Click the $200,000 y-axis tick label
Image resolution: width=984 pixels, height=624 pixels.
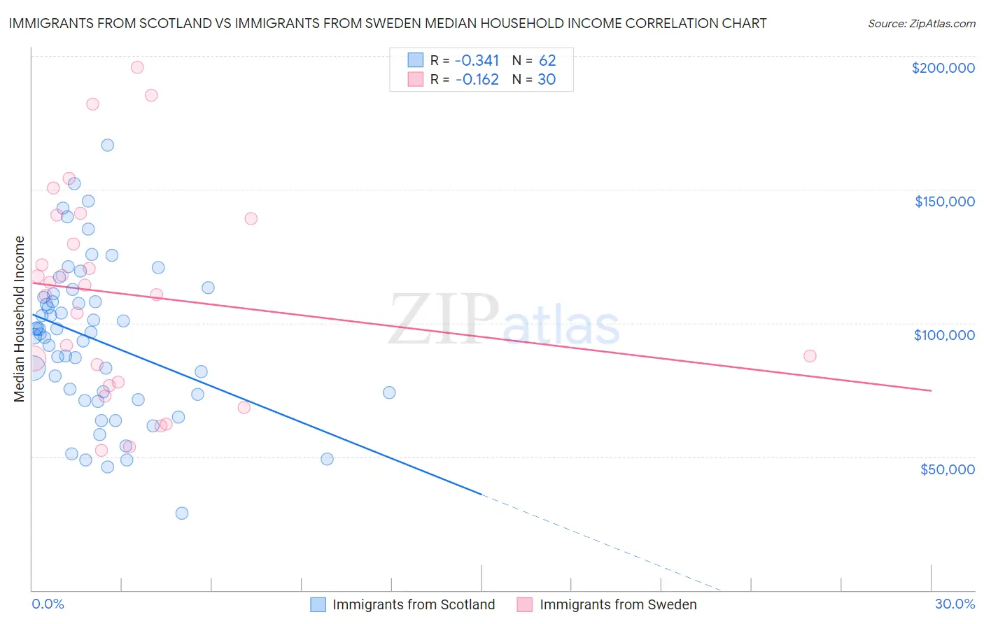(943, 68)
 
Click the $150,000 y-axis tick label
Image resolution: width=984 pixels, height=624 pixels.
(944, 201)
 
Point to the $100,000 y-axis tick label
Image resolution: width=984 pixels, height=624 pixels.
(944, 335)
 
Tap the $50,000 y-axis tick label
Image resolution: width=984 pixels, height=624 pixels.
(947, 469)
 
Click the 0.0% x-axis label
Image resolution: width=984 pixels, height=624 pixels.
(48, 604)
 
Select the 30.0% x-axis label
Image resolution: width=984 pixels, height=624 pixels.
(955, 604)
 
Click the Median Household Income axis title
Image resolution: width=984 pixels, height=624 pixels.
(19, 319)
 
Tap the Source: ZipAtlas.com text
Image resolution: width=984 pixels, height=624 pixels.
(921, 23)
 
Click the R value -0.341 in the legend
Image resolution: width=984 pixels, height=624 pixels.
(477, 60)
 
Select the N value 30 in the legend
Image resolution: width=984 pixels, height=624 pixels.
(546, 80)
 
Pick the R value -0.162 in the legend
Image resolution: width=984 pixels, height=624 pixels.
(477, 80)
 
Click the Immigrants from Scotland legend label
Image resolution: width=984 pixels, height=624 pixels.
(413, 604)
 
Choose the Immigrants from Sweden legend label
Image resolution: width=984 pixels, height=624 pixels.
(617, 604)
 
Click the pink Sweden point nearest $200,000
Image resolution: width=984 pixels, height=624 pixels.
(137, 67)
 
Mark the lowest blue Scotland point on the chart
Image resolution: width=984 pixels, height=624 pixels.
(182, 513)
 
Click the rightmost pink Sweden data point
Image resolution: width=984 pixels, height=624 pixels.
(810, 355)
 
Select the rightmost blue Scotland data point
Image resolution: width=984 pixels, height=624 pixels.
(389, 392)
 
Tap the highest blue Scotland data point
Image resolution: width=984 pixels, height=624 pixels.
(108, 145)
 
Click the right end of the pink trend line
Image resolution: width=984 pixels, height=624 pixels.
(931, 390)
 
